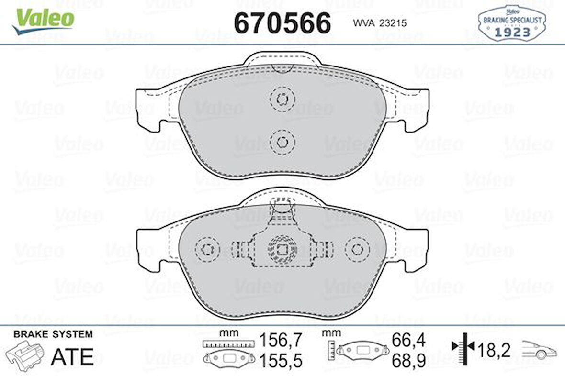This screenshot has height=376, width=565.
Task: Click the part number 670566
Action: tap(282, 22)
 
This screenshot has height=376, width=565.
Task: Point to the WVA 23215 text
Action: tap(380, 22)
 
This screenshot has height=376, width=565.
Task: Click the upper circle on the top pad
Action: tap(282, 100)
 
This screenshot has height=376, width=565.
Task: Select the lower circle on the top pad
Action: tap(282, 142)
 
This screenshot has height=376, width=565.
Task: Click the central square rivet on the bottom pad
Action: tap(282, 249)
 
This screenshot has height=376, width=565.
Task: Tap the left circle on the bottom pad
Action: tap(208, 249)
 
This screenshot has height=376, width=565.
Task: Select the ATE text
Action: tap(72, 356)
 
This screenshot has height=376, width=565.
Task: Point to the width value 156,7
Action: tap(281, 340)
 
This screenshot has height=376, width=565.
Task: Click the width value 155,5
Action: tap(281, 361)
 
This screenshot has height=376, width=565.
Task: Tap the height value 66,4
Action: tap(408, 340)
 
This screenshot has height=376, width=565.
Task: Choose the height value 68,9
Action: tap(408, 361)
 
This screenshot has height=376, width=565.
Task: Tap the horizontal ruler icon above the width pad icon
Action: tap(227, 344)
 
